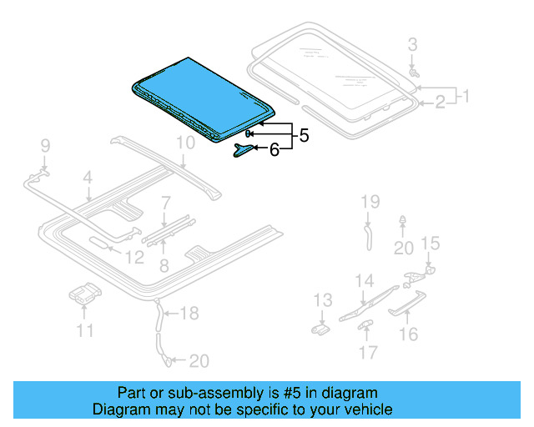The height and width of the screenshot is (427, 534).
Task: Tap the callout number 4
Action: (x=87, y=177)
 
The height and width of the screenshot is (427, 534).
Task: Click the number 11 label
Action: (x=85, y=331)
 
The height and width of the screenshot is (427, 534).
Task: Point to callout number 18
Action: (x=189, y=314)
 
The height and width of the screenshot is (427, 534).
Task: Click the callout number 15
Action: (x=429, y=243)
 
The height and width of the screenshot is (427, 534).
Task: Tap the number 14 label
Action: (x=365, y=281)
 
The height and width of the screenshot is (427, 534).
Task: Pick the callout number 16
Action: (x=408, y=334)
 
